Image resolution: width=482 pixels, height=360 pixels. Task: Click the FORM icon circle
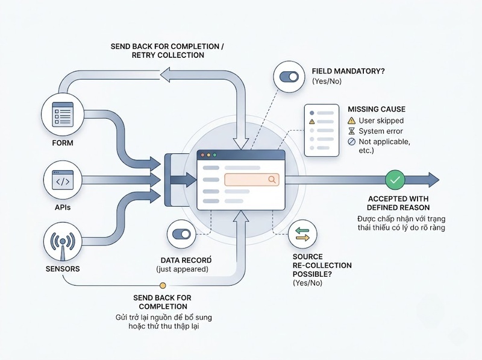[x=63, y=115]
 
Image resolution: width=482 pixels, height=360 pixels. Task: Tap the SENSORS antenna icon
[x=63, y=243]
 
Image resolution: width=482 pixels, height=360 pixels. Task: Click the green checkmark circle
[x=395, y=180]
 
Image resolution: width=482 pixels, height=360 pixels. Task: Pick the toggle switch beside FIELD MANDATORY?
[x=289, y=77]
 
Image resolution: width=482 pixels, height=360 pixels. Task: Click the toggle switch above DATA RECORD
[x=182, y=234]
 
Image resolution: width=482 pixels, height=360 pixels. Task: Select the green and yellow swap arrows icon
[x=302, y=234]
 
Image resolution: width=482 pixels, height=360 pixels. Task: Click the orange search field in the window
[x=252, y=180]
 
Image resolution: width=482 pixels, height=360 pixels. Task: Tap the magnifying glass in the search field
[x=272, y=179]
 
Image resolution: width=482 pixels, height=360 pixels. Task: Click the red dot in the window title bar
[x=202, y=155]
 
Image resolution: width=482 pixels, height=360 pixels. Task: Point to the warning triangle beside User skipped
[x=351, y=121]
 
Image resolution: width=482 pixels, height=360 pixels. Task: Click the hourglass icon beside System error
[x=351, y=131]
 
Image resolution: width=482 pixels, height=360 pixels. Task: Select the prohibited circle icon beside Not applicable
[x=351, y=142]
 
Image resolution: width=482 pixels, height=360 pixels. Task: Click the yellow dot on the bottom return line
[x=163, y=286]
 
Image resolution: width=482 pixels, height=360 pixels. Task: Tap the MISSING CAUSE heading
[x=377, y=109]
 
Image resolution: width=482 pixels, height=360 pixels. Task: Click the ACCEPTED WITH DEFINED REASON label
[x=398, y=203]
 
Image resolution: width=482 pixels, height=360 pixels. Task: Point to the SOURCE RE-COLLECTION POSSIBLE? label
[x=322, y=265]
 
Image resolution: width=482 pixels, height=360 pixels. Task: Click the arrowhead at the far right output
[x=433, y=180]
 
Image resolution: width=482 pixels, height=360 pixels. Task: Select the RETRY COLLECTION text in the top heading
[x=168, y=55]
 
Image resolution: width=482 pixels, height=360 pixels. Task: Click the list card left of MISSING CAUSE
[x=322, y=130]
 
